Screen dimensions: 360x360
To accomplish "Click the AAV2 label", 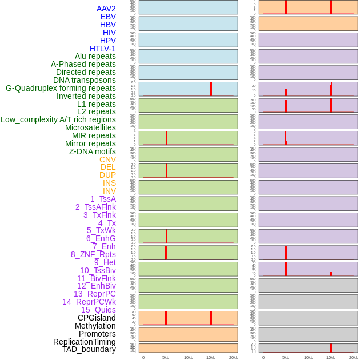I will (x=106, y=9).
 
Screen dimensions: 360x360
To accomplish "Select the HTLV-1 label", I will (x=103, y=49).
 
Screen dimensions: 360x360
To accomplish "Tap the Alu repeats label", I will (x=95, y=56).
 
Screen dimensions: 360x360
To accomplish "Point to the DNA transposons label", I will (x=85, y=80).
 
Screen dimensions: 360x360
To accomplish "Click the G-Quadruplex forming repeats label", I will (x=61, y=88).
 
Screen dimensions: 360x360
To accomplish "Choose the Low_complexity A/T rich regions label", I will (x=58, y=119).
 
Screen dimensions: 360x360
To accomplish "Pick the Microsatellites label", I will (x=90, y=127).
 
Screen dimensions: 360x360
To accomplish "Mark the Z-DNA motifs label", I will (x=93, y=151).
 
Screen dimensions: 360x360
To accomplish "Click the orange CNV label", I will (x=107, y=159).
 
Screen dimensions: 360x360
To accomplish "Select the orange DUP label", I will (x=107, y=175).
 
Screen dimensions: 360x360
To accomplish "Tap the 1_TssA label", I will (x=103, y=199).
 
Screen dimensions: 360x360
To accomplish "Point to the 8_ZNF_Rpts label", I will (x=93, y=254).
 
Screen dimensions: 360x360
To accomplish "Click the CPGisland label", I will (x=97, y=318).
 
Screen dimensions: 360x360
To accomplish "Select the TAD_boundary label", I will (x=89, y=349).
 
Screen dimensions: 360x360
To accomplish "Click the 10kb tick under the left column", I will (x=189, y=357).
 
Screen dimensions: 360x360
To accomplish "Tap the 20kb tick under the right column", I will (x=354, y=357).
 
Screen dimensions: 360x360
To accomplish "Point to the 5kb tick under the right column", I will (x=286, y=357).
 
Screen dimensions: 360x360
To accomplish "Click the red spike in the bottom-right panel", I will (x=331, y=348).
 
